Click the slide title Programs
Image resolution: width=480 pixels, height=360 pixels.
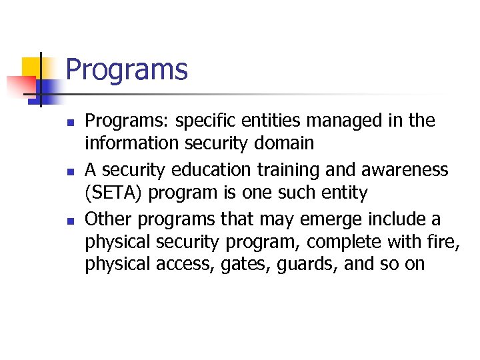[x=127, y=70]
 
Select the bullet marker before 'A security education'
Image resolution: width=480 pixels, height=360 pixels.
[x=69, y=172]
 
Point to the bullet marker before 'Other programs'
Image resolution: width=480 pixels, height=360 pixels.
[x=69, y=221]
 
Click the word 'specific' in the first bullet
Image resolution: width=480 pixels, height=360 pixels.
[x=199, y=121]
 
